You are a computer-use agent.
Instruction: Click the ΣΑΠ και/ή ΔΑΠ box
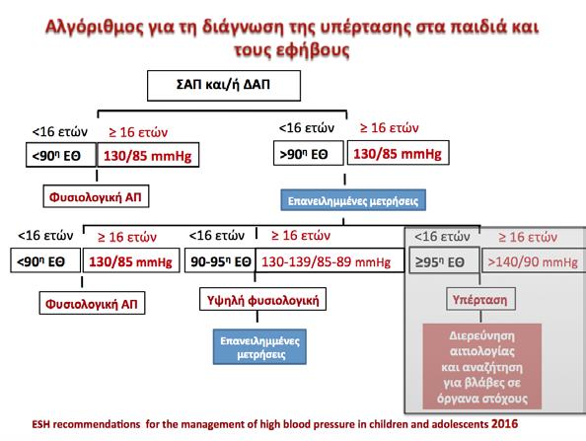tap(224, 86)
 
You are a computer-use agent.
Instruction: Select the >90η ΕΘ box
tap(309, 153)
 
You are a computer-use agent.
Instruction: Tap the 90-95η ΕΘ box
tap(220, 260)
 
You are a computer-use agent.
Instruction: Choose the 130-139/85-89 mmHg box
tap(330, 260)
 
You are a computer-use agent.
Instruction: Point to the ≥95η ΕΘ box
tap(444, 260)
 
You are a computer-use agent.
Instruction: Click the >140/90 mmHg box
tap(534, 260)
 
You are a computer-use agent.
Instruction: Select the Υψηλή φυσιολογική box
tap(262, 299)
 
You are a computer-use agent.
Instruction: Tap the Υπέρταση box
tap(480, 299)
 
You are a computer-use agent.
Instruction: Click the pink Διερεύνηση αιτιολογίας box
tap(482, 366)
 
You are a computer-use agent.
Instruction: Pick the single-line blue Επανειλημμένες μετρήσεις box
tap(353, 200)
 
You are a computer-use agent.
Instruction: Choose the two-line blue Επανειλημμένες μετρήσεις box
tap(259, 347)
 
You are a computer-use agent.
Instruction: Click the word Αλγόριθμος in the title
tap(94, 28)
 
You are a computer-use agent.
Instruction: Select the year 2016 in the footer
tap(504, 424)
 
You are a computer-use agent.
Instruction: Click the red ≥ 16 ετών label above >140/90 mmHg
tap(528, 237)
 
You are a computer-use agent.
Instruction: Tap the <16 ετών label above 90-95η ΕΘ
tap(217, 236)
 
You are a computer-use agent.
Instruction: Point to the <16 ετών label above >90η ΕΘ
tap(307, 128)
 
